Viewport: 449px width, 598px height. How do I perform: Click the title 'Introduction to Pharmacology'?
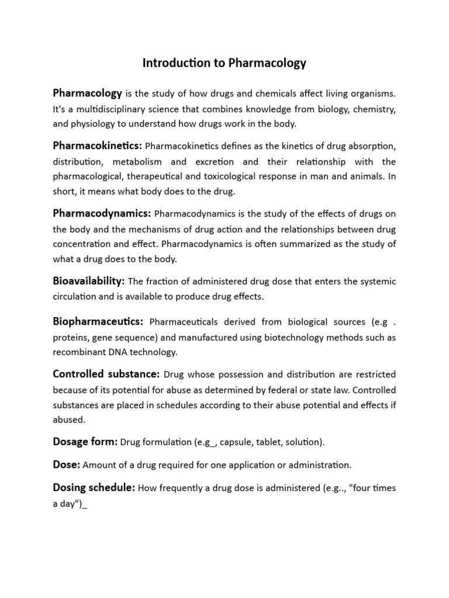click(x=224, y=63)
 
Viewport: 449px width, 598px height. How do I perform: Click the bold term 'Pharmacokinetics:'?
click(x=97, y=145)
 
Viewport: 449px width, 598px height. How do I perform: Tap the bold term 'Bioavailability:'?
click(x=89, y=281)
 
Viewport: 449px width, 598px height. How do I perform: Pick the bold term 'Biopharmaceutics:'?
click(x=98, y=321)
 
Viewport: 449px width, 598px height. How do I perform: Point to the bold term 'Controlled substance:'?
click(x=106, y=374)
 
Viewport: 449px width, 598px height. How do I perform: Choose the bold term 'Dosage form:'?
click(x=85, y=442)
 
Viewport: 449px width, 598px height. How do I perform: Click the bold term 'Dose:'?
click(x=67, y=465)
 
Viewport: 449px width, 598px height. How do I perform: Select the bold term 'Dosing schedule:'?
click(x=94, y=487)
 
